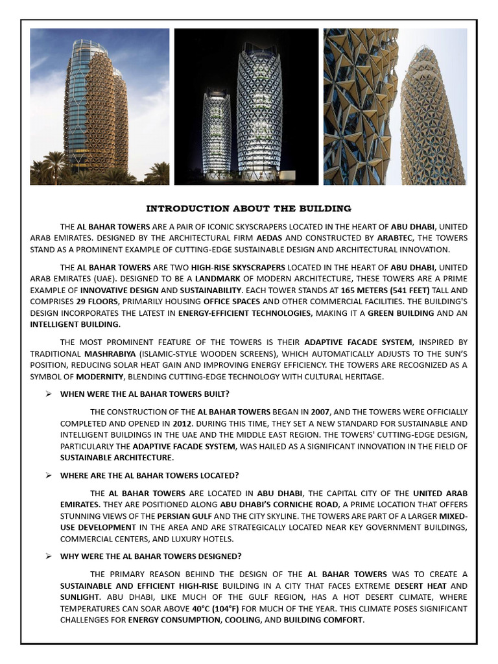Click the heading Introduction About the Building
(248, 209)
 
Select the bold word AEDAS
(268, 238)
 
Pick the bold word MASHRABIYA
(108, 354)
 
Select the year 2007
(320, 412)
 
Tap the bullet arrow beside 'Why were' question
(48, 556)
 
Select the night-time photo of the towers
(246, 107)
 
